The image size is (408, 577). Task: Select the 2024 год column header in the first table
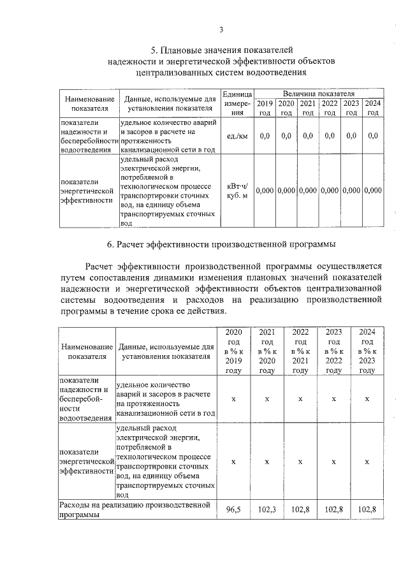point(373,108)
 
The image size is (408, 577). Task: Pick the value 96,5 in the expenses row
point(233,509)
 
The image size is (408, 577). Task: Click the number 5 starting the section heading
point(153,49)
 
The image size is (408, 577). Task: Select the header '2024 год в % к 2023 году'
point(367,351)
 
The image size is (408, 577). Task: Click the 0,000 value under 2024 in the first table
point(373,190)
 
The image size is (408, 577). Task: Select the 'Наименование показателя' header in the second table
point(87,351)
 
